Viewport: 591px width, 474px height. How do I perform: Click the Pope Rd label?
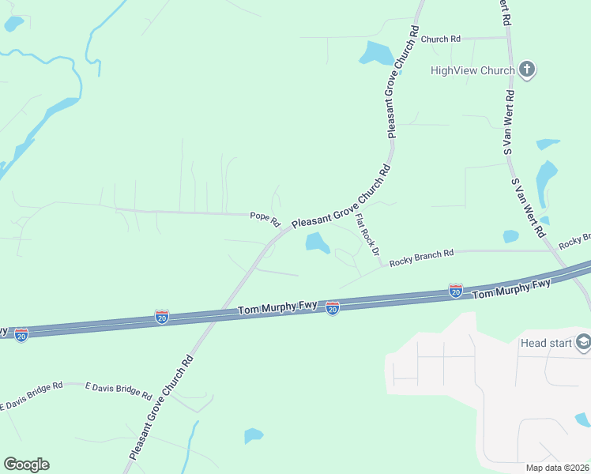tap(265, 216)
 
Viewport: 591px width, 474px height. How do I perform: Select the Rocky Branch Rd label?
tap(422, 254)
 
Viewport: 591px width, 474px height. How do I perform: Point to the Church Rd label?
tap(440, 39)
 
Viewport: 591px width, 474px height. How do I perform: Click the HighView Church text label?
tap(472, 70)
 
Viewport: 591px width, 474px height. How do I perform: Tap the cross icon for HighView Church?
tap(528, 70)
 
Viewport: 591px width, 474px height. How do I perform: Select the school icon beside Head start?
tap(583, 342)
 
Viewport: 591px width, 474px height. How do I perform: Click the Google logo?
tap(26, 465)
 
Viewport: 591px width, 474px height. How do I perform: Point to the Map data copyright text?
tap(556, 468)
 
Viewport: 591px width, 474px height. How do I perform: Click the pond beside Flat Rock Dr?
tap(318, 243)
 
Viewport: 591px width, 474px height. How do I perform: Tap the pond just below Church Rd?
tap(376, 54)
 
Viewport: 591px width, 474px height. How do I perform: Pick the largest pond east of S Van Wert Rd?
tap(546, 180)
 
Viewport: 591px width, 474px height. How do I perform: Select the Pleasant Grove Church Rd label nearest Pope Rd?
tap(341, 197)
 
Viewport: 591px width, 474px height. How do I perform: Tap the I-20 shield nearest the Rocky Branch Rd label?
tap(455, 291)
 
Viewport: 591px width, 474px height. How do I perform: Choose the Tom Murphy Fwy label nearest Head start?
tap(511, 289)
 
